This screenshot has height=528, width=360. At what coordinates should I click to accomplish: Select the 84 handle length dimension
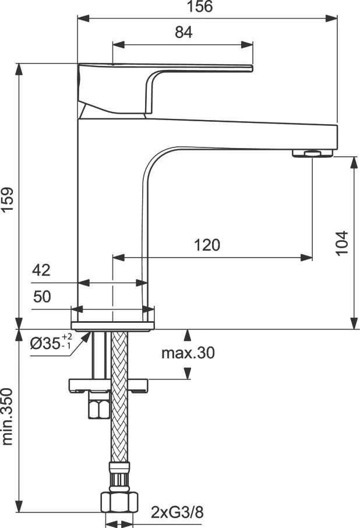[x=183, y=32]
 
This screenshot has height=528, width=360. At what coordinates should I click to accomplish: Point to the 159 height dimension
[x=8, y=199]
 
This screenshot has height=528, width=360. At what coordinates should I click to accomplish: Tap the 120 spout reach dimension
[x=207, y=245]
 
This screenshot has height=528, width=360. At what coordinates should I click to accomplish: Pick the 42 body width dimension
[x=41, y=270]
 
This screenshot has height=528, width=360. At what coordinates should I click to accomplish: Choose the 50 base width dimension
[x=42, y=296]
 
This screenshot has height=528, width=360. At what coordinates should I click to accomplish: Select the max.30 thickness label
[x=188, y=353]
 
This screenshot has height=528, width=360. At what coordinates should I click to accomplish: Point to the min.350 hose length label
[x=8, y=417]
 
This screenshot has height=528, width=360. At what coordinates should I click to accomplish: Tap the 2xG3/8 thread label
[x=177, y=513]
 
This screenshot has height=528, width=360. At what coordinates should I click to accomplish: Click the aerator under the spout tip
[x=312, y=153]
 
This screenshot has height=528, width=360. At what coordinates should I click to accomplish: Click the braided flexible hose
[x=119, y=397]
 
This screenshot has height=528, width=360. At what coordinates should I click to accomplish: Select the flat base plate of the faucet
[x=112, y=326]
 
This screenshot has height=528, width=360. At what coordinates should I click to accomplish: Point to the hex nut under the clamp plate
[x=99, y=406]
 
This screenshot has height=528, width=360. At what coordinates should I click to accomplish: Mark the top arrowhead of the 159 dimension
[x=19, y=69]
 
